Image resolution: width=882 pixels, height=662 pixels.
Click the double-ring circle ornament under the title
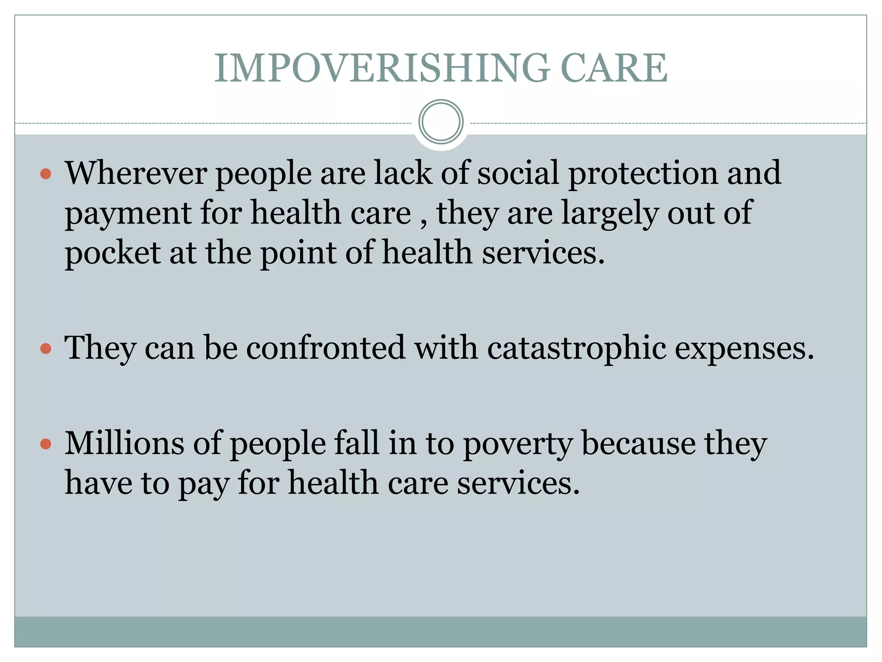pyautogui.click(x=441, y=122)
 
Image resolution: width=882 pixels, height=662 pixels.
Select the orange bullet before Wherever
pyautogui.click(x=46, y=174)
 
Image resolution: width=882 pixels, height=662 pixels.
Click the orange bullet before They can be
pyautogui.click(x=46, y=348)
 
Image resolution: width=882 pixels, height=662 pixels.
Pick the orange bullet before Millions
pyautogui.click(x=46, y=444)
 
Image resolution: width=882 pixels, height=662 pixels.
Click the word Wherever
pyautogui.click(x=136, y=173)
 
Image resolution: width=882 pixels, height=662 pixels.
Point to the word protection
pyautogui.click(x=643, y=173)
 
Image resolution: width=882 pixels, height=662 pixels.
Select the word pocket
pyautogui.click(x=112, y=253)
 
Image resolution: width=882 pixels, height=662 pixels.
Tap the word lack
pyautogui.click(x=403, y=173)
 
